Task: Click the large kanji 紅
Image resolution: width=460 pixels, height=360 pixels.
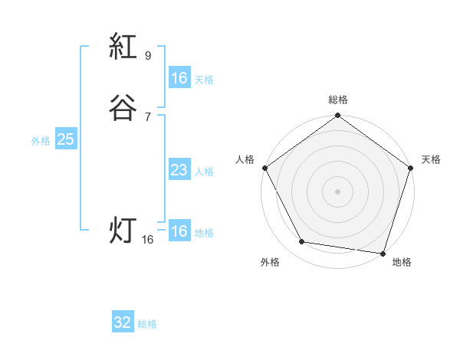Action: [x=123, y=48]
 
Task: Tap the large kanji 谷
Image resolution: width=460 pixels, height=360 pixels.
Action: [x=123, y=108]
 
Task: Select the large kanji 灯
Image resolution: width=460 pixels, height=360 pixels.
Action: [x=123, y=229]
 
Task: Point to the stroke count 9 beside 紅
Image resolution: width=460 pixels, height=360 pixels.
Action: [x=148, y=56]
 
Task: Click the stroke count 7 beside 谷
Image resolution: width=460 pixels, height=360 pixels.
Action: [x=148, y=116]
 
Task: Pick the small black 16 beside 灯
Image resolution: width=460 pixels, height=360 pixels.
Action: [x=148, y=240]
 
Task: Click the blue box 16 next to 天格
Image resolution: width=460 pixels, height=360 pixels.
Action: [x=179, y=78]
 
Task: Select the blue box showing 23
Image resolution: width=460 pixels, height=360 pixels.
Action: [x=179, y=170]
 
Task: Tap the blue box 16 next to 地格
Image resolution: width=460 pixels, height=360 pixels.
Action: [x=179, y=231]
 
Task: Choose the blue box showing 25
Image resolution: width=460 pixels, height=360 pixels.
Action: [x=65, y=139]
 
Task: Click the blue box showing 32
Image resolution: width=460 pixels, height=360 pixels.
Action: [x=123, y=322]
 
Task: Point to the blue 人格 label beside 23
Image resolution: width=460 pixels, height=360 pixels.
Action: [x=204, y=172]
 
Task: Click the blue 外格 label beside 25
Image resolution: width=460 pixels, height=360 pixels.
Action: [x=41, y=141]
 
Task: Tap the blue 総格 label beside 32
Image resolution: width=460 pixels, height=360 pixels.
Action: [x=147, y=324]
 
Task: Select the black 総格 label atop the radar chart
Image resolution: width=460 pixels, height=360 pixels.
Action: [x=338, y=100]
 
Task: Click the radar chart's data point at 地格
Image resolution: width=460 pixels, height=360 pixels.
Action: [x=383, y=253]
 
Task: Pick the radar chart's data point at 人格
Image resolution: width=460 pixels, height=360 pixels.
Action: [x=264, y=168]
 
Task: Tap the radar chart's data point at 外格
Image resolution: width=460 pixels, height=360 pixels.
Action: [x=302, y=242]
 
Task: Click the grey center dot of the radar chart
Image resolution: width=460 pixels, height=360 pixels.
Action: [x=338, y=191]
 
